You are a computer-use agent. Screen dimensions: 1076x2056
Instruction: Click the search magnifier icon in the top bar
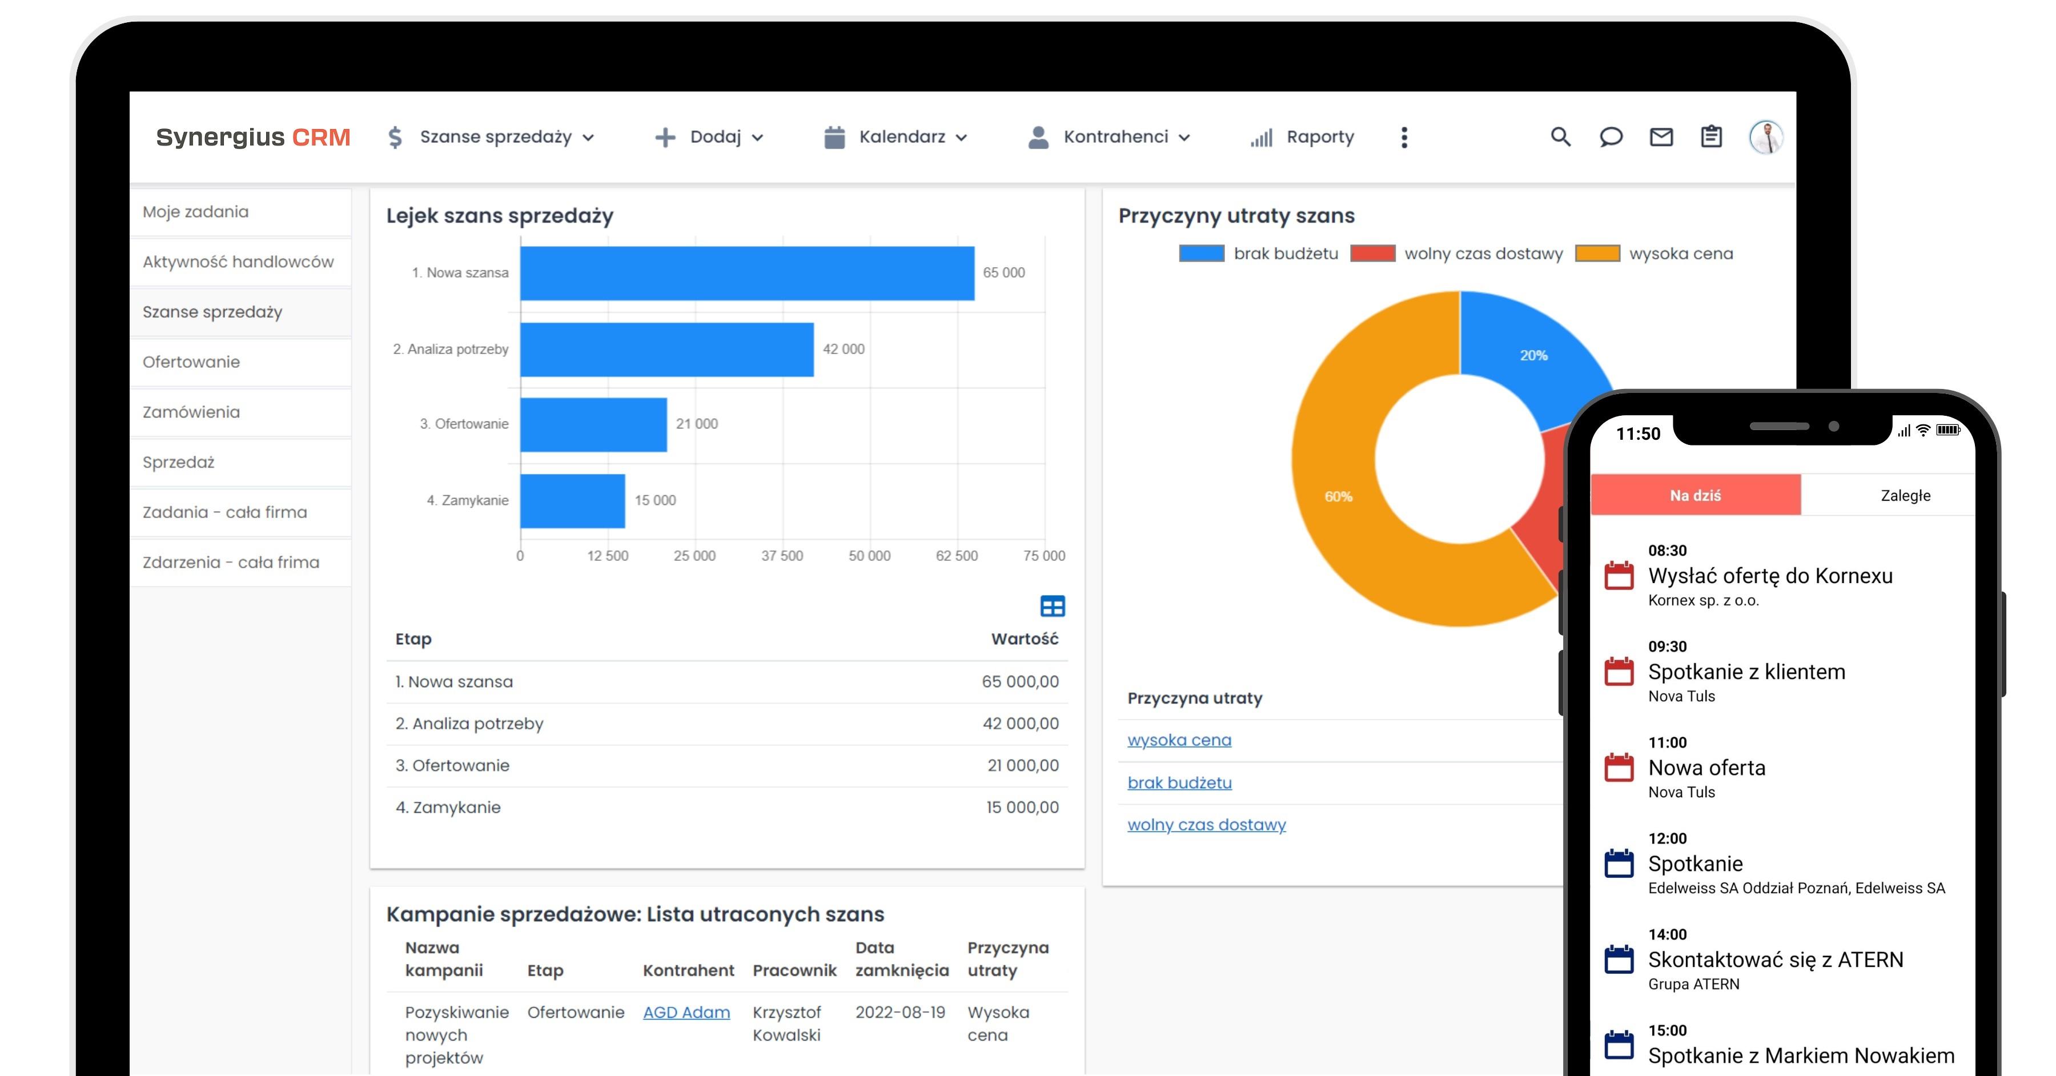point(1560,137)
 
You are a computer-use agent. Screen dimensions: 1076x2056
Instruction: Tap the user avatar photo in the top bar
point(1765,137)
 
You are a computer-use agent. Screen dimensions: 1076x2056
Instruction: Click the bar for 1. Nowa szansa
point(746,273)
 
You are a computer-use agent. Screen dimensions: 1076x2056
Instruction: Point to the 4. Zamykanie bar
point(572,500)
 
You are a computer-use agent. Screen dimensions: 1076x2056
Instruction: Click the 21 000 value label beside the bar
point(697,424)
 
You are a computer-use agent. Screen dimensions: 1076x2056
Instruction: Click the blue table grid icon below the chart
point(1052,607)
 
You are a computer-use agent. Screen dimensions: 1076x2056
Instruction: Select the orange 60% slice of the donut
point(1339,496)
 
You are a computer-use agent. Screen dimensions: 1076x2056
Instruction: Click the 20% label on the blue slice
point(1533,355)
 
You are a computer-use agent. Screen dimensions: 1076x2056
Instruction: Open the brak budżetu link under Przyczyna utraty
point(1179,783)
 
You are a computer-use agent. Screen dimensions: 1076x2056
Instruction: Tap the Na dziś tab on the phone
point(1694,496)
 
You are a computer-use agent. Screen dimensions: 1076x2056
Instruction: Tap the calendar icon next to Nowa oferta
point(1619,768)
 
